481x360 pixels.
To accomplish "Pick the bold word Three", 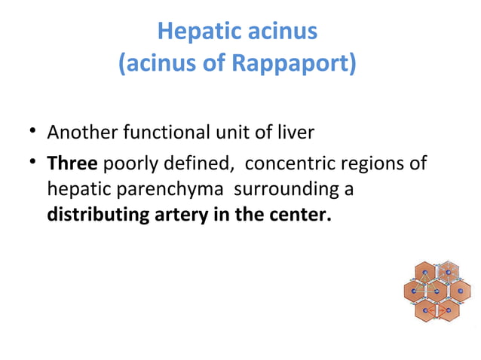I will coord(72,163).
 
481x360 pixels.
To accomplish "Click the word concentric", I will coord(280,163).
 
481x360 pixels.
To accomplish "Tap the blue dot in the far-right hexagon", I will coord(460,291).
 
